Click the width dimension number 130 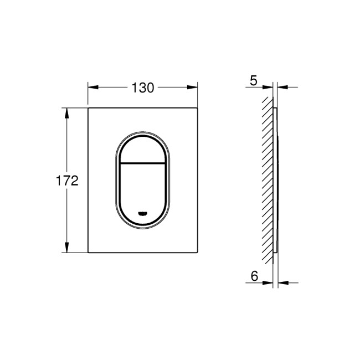coord(143,87)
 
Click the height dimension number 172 coord(66,181)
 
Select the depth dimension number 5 coord(254,81)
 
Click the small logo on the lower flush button coord(143,213)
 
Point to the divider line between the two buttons coord(143,164)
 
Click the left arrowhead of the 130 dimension coord(92,87)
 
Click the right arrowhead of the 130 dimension coord(193,87)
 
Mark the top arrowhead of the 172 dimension coord(68,113)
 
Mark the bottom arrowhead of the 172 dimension coord(68,248)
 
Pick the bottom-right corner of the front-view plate coord(198,253)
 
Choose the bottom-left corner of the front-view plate coord(89,253)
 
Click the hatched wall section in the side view coord(268,177)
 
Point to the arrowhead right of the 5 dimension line coord(281,87)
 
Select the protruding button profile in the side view coord(278,180)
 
